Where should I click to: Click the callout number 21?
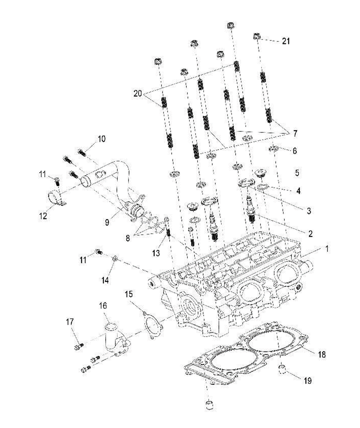(x=286, y=41)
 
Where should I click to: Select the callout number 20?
(x=137, y=94)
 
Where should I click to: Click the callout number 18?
(x=322, y=354)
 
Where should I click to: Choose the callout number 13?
(x=156, y=253)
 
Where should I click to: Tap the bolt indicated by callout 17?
(x=78, y=346)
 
